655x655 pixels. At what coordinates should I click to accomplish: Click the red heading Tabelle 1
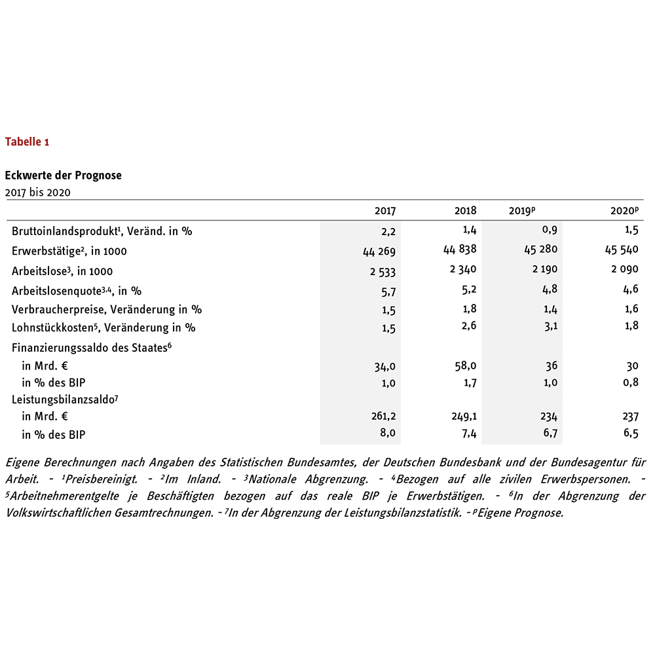tap(27, 141)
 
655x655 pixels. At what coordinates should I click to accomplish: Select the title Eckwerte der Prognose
tap(63, 176)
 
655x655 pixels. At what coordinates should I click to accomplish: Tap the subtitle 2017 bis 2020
tap(37, 192)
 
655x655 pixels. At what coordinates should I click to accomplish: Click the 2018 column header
tap(466, 211)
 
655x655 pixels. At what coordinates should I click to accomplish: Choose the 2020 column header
tap(624, 211)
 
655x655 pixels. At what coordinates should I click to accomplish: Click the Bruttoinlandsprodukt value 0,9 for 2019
tap(550, 230)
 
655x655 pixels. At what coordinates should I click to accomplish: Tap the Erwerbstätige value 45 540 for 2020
tap(620, 250)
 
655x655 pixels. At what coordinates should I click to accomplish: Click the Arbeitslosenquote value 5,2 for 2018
tap(470, 289)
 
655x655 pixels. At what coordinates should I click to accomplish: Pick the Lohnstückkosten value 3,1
tap(550, 327)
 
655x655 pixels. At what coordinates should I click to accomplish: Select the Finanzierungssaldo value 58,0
tap(466, 365)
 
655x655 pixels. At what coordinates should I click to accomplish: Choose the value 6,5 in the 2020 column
tap(631, 433)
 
